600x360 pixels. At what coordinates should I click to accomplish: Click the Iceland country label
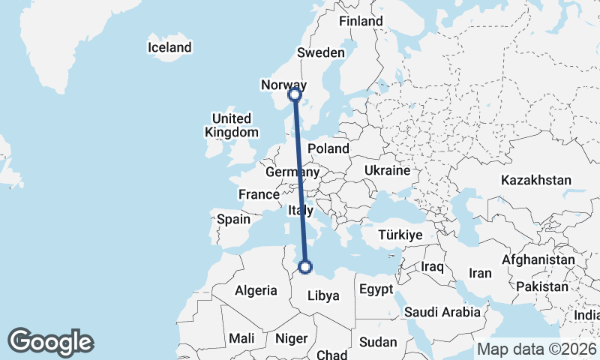pos(169,47)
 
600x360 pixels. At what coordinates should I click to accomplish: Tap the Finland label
pos(361,21)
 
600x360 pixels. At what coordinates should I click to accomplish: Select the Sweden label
pos(320,52)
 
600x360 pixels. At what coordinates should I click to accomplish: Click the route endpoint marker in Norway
pos(295,94)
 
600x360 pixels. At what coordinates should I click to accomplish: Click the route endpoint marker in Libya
pos(305,266)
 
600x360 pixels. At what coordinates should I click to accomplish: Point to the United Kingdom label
pos(231,125)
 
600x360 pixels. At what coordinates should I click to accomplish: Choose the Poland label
pos(328,148)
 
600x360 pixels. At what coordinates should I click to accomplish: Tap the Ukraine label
pos(387,170)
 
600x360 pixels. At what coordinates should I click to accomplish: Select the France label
pos(259,194)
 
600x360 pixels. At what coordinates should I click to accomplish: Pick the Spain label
pos(232,220)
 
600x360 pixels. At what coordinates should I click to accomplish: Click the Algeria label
pos(256,290)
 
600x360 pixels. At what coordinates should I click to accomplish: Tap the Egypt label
pos(376,289)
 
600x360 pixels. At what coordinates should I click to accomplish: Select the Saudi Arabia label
pos(442,312)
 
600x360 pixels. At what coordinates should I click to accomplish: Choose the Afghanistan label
pos(538,259)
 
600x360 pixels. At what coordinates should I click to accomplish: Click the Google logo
pos(51,342)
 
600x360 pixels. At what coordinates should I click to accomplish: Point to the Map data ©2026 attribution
pos(537,349)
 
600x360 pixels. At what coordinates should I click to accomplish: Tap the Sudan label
pos(378,342)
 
